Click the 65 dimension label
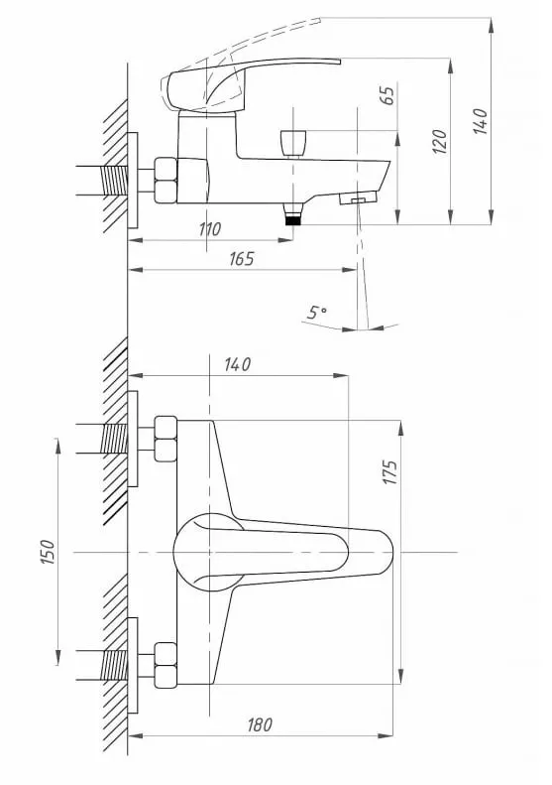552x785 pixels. (387, 95)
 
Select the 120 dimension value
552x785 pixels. (439, 141)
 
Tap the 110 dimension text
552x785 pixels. (210, 229)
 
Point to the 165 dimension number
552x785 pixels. (242, 259)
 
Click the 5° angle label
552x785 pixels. (317, 313)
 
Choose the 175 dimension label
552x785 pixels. (390, 471)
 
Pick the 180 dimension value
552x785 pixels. (260, 724)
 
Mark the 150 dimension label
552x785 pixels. (48, 552)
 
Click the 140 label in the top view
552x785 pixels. (238, 364)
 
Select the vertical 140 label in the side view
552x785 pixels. (480, 121)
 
